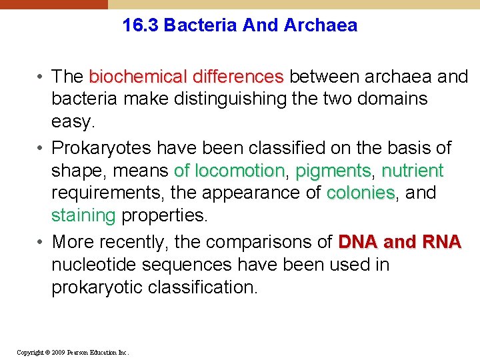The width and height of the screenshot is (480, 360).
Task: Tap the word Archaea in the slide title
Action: [321, 26]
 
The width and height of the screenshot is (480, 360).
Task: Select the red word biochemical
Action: [131, 77]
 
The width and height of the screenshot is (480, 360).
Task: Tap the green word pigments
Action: [333, 171]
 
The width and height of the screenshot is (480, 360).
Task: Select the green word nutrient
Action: [413, 171]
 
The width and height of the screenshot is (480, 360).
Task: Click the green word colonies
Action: [361, 193]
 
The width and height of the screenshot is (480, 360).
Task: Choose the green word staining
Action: [84, 216]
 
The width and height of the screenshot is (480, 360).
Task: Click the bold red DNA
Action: [360, 241]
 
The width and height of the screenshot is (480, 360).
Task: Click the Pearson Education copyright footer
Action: [73, 351]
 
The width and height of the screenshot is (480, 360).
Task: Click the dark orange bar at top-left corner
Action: [53, 4]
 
